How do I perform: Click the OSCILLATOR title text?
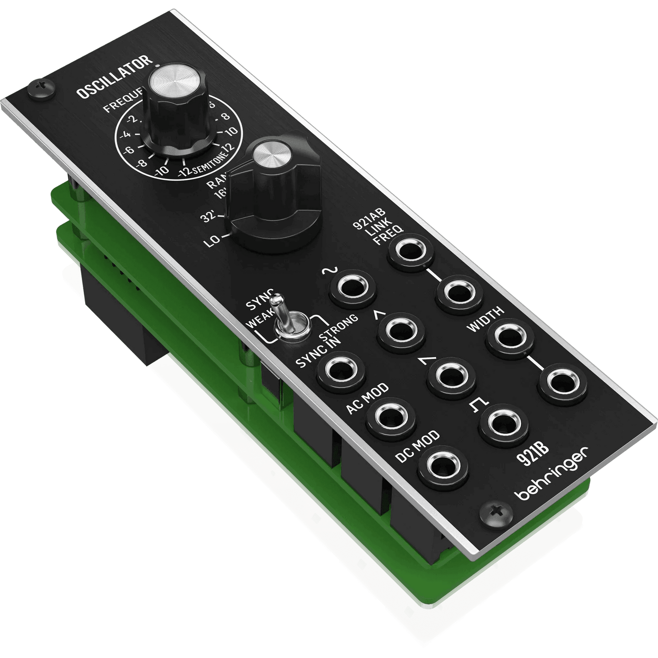(x=114, y=77)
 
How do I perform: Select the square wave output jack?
(x=503, y=424)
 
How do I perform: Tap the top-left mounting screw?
(x=41, y=87)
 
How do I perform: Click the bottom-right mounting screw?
(x=497, y=515)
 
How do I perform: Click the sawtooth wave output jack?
(x=449, y=376)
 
